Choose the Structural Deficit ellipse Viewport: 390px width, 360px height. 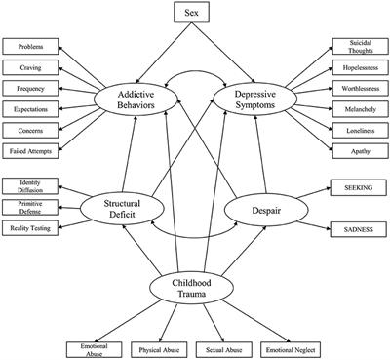(x=138, y=206)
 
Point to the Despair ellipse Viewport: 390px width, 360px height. (x=253, y=206)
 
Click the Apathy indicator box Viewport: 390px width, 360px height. (x=359, y=152)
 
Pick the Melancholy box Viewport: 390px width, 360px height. (x=359, y=109)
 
